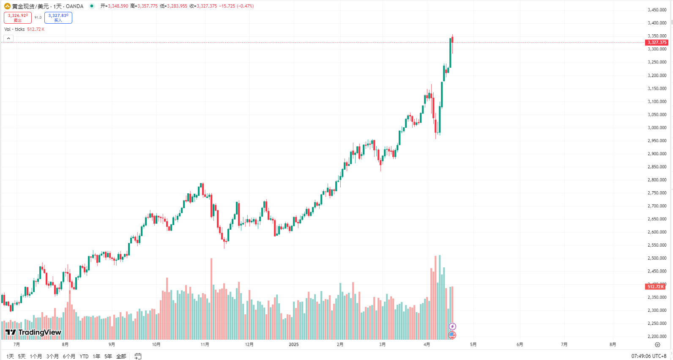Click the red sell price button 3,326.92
point(18,17)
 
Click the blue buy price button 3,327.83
point(58,17)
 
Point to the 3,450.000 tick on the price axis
point(657,10)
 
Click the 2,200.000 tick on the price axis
point(657,336)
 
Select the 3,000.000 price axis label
point(657,127)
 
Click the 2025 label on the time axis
point(294,344)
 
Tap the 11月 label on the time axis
point(205,344)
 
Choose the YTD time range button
point(84,356)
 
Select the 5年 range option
point(108,356)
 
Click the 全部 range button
point(121,356)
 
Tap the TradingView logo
point(33,332)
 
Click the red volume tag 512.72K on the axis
point(656,286)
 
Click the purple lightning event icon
point(452,326)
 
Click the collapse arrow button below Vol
point(8,38)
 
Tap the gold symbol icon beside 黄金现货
point(7,6)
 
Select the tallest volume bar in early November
point(211,296)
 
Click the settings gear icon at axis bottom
point(657,344)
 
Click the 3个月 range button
point(52,356)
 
